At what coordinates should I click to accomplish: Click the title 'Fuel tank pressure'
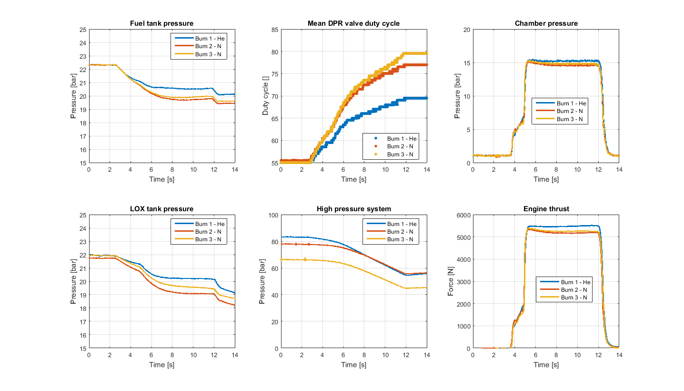[161, 23]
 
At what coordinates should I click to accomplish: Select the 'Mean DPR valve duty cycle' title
[354, 23]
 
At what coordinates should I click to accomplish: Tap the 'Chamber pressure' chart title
[546, 23]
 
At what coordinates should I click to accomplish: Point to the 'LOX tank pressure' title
[161, 209]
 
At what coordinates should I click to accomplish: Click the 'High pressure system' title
[354, 209]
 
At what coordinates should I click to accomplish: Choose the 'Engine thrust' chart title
[546, 209]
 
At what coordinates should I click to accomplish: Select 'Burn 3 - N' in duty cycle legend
[400, 154]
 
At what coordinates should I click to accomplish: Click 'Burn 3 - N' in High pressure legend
[400, 239]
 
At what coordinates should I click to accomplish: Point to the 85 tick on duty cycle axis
[273, 30]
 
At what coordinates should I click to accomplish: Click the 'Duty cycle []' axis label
[266, 96]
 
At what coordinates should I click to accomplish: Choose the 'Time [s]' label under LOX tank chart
[161, 365]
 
